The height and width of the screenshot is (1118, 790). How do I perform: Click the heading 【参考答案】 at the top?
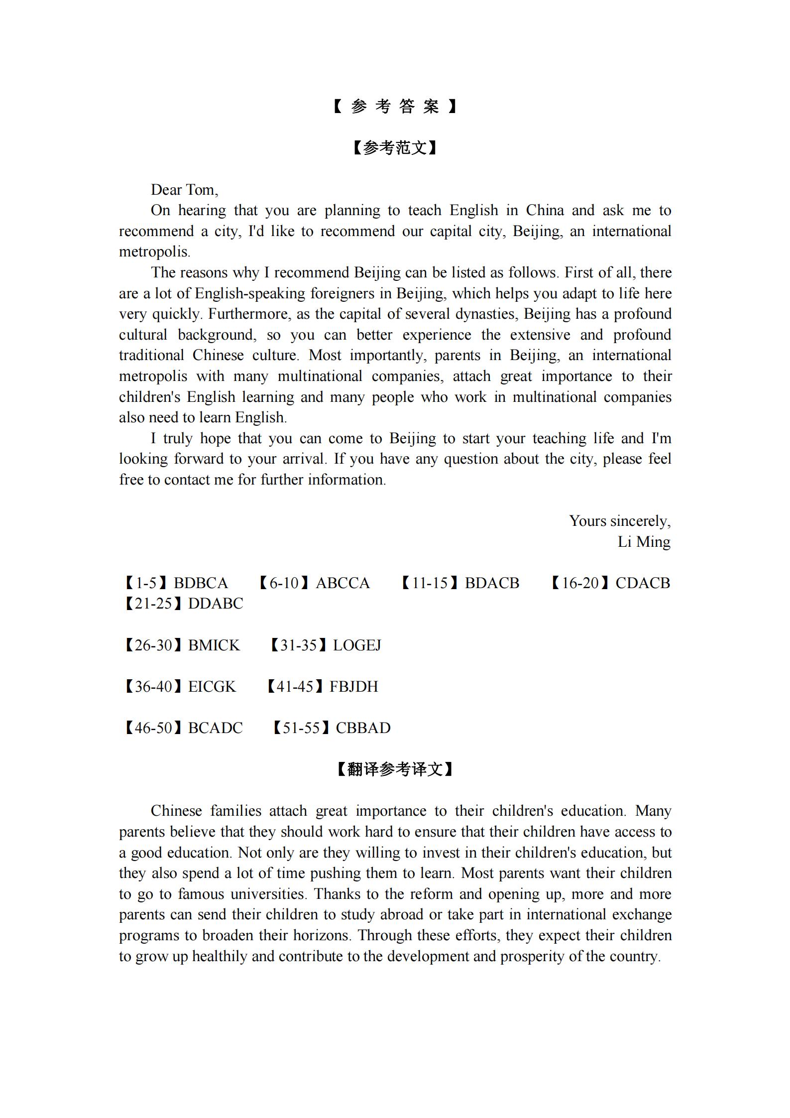click(x=394, y=106)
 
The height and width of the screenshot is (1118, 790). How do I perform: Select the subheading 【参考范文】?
click(x=394, y=148)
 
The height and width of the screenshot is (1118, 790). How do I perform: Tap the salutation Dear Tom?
click(x=184, y=190)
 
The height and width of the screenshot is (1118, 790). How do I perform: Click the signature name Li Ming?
click(x=644, y=542)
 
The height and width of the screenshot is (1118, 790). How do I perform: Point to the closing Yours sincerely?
click(x=620, y=521)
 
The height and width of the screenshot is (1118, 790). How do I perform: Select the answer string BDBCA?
click(x=201, y=583)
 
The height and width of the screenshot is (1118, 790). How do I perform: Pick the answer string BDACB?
click(x=492, y=583)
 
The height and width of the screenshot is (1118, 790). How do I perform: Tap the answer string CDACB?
click(x=643, y=583)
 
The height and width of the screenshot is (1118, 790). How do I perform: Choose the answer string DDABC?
click(x=216, y=604)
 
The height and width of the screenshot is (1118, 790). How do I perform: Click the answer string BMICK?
click(x=214, y=645)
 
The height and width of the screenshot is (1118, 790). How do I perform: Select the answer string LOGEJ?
click(x=357, y=645)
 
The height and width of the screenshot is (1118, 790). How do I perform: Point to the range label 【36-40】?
click(x=153, y=687)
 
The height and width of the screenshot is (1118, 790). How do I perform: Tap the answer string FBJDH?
click(x=354, y=687)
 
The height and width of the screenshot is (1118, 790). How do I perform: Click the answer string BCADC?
click(x=215, y=728)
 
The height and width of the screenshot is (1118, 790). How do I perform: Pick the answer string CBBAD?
click(x=363, y=728)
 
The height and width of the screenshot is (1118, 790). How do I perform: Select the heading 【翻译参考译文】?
click(x=394, y=769)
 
